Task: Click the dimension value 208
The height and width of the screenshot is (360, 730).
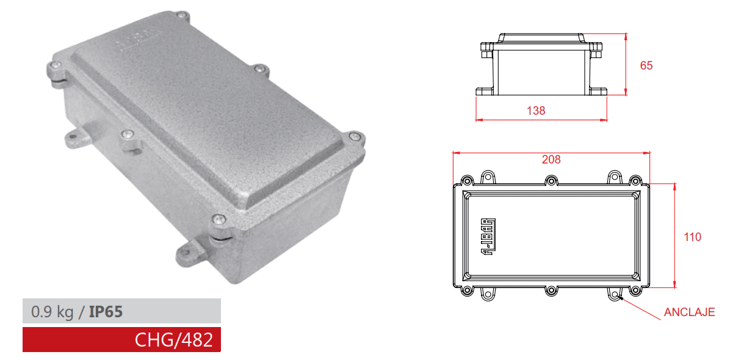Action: point(551,160)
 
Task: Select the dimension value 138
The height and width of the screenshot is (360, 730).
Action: point(535,110)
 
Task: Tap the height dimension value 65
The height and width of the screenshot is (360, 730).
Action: point(646,65)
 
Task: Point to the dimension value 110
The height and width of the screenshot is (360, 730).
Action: point(692,237)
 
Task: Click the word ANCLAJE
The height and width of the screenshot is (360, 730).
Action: point(689,312)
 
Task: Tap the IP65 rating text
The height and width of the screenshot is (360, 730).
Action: point(106,312)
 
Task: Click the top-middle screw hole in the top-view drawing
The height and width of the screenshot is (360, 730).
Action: point(551,181)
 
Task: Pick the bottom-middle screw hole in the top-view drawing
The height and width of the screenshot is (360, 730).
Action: point(551,290)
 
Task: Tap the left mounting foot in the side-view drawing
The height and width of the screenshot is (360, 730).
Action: point(486,92)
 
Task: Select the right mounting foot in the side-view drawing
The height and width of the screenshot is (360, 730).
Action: point(598,92)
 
